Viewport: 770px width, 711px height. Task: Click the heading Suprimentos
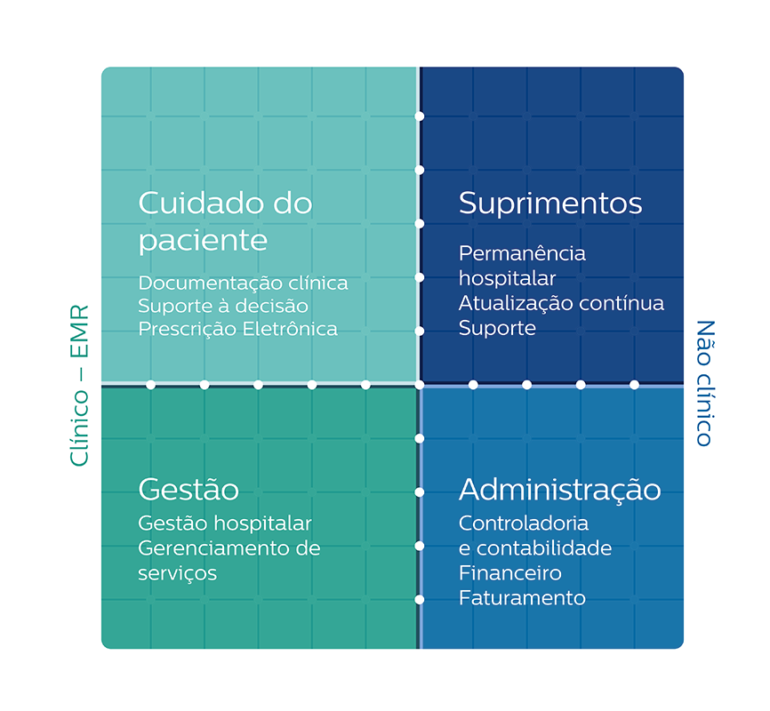549,204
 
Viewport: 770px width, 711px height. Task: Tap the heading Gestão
188,490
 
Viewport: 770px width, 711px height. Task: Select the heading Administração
559,490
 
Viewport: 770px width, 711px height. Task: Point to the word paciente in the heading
203,241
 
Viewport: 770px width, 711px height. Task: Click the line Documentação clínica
243,283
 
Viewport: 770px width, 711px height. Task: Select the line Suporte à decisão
223,306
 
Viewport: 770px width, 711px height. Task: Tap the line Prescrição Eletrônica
237,329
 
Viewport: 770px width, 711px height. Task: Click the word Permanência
522,253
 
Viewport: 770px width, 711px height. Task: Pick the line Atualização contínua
561,303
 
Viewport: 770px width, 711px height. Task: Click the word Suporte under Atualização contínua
497,328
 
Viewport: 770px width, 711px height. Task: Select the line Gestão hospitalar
225,523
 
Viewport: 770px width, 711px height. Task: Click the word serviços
177,573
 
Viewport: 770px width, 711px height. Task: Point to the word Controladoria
524,523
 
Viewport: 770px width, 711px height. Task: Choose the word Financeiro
510,573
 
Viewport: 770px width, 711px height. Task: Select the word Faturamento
522,598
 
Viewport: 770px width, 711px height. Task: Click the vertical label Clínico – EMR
79,386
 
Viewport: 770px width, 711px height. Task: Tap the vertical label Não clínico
704,382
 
